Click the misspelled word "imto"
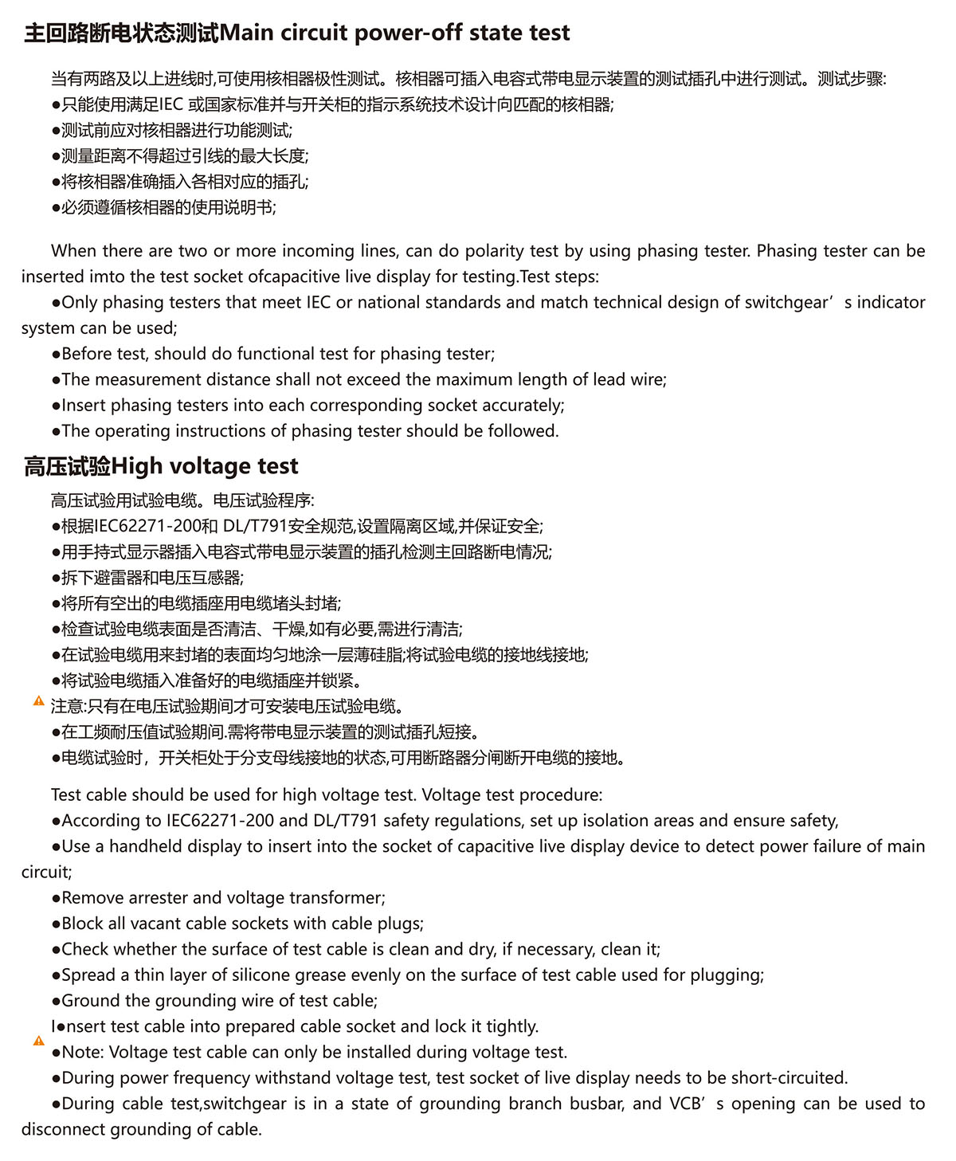[x=108, y=277]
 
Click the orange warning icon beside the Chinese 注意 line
[x=38, y=701]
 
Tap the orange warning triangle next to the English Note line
[x=38, y=1041]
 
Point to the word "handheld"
[x=146, y=846]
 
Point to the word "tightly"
[x=509, y=1026]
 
